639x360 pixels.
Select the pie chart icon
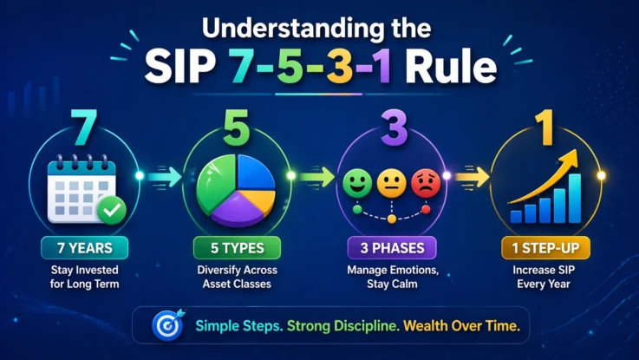coord(236,186)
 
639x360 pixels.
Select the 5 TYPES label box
coord(236,248)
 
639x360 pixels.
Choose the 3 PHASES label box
coord(390,248)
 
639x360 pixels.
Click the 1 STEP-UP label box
coord(543,248)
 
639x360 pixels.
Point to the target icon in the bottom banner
coord(164,325)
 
